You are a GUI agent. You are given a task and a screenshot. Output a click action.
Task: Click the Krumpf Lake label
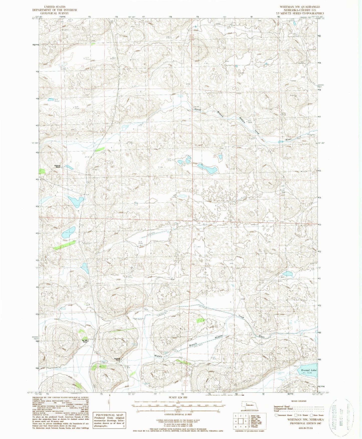pyautogui.click(x=309, y=370)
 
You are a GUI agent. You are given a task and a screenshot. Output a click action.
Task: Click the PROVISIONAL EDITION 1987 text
pyautogui.click(x=305, y=423)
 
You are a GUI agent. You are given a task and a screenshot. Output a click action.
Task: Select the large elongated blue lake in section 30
pyautogui.click(x=207, y=170)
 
